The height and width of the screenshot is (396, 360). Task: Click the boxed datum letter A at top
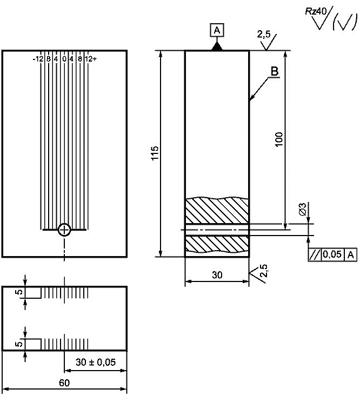pos(217,30)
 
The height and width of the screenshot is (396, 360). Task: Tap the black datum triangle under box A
pos(217,46)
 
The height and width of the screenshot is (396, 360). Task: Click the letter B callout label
pos(275,71)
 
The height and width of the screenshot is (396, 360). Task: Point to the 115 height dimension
pos(155,153)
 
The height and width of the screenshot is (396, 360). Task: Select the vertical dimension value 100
pos(279,139)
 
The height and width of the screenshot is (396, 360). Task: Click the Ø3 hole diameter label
pos(302,209)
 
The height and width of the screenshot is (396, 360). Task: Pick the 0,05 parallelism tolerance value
pos(332,254)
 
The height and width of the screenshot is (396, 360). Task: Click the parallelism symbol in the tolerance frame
pos(315,255)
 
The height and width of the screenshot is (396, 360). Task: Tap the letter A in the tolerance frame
pos(351,255)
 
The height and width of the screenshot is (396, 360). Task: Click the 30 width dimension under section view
pos(217,275)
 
